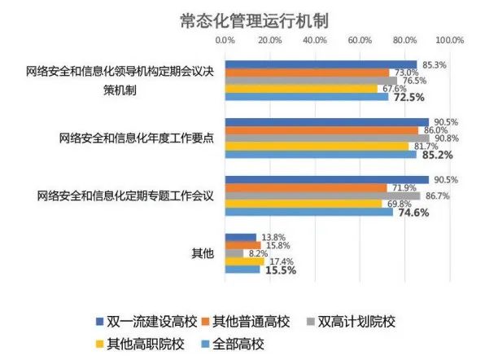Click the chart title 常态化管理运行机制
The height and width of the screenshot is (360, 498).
click(x=248, y=17)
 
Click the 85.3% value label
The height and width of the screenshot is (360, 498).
click(x=432, y=64)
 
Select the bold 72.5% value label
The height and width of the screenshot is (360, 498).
click(x=409, y=98)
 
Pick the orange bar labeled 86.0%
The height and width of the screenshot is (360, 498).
click(x=321, y=130)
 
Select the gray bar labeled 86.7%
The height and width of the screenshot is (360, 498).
click(x=322, y=195)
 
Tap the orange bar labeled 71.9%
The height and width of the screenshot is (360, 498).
click(x=305, y=188)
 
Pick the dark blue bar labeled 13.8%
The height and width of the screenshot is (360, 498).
click(x=241, y=237)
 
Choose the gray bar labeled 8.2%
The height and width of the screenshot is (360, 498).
click(x=234, y=253)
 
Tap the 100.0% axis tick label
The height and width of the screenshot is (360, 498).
click(x=449, y=40)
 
